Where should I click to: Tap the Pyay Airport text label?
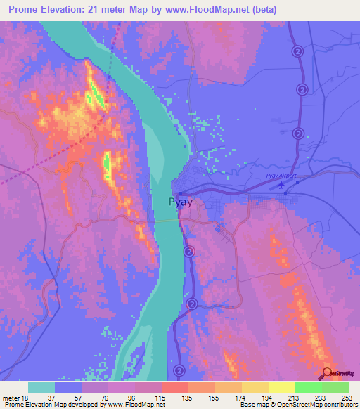tap(282, 176)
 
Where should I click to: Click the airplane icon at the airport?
tap(283, 186)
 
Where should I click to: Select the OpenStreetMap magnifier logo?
tap(328, 373)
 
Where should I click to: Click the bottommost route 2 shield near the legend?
tap(179, 370)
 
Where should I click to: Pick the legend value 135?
tap(187, 396)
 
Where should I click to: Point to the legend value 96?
tap(134, 396)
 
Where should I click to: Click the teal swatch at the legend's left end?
tap(41, 387)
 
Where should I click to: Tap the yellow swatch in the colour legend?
tap(281, 387)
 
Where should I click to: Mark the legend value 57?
tap(80, 396)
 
